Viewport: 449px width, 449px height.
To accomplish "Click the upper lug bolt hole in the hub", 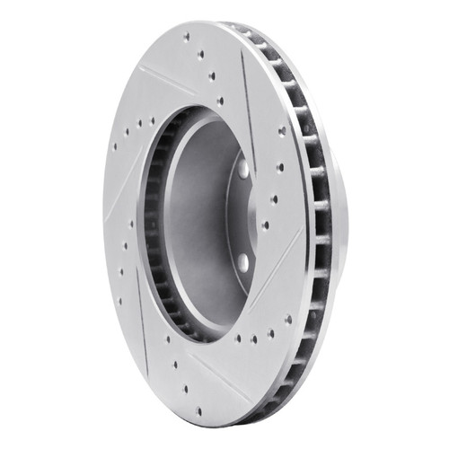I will pos(242,167).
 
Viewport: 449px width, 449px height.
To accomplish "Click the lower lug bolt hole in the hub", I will pos(242,261).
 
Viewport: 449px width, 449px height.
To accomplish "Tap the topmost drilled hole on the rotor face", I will pos(187,38).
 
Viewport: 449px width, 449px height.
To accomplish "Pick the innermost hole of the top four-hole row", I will pos(220,101).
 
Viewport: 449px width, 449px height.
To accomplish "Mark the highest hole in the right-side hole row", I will pos(282,131).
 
